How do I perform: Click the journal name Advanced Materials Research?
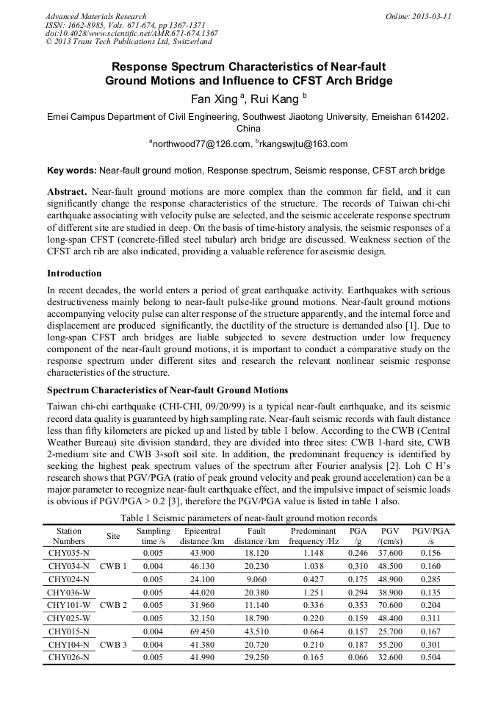(x=96, y=16)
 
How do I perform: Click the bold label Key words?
(x=71, y=171)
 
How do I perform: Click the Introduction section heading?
(x=74, y=273)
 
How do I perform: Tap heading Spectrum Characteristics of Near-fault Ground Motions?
(x=167, y=390)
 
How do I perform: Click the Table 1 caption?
(x=249, y=518)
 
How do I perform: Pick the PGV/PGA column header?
(x=430, y=536)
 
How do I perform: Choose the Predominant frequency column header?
(x=313, y=536)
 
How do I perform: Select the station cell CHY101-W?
(x=68, y=605)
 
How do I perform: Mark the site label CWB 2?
(x=113, y=605)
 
